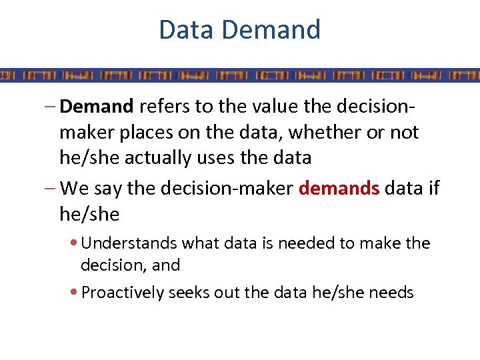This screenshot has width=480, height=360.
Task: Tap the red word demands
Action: pyautogui.click(x=339, y=189)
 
